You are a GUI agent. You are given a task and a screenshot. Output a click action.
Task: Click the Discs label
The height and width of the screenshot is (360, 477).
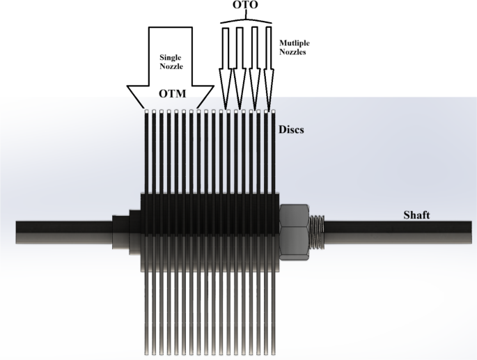293,130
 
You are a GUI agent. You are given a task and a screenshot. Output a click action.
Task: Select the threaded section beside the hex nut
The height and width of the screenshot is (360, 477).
319,230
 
